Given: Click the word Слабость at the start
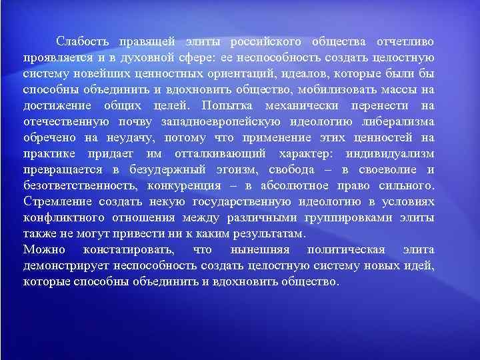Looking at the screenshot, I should (81, 41).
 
